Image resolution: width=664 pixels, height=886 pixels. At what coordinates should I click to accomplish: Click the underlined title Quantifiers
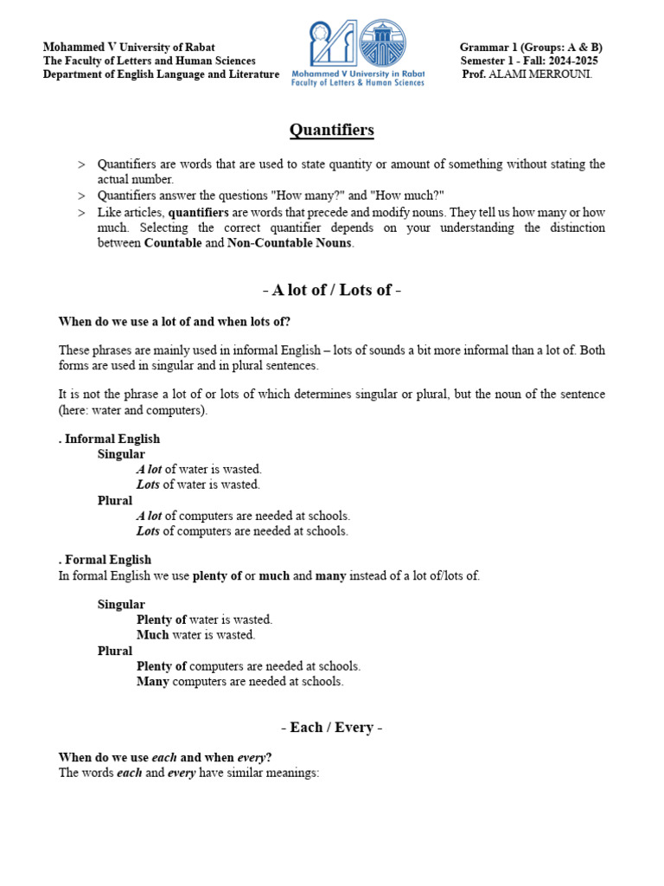click(x=331, y=131)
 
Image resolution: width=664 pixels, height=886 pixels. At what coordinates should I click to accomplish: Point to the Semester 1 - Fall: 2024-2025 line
click(x=529, y=61)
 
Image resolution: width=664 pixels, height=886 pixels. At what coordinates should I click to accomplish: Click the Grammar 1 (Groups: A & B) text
click(x=531, y=47)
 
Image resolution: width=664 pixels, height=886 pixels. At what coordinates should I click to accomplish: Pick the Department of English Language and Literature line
click(x=161, y=74)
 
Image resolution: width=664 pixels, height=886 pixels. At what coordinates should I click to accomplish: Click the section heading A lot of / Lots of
click(x=331, y=290)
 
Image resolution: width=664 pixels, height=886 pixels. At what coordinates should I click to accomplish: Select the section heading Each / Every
click(x=331, y=728)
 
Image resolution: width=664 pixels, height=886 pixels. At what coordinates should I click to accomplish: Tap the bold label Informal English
click(x=111, y=439)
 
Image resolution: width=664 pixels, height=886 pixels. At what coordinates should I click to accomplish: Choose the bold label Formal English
click(x=106, y=560)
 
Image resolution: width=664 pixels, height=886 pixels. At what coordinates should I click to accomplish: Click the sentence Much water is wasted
click(x=195, y=635)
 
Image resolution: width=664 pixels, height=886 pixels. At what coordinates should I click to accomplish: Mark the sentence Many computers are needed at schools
click(x=239, y=682)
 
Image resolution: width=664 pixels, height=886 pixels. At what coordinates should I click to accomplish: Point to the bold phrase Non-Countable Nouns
click(x=289, y=243)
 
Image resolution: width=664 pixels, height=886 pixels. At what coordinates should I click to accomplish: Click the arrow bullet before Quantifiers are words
click(x=81, y=164)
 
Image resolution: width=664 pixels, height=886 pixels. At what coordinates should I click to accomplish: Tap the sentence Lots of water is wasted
click(x=198, y=485)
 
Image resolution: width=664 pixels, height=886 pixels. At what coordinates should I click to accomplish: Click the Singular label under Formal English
click(x=121, y=605)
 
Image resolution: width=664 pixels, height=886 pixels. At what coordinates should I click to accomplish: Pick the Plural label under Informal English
click(x=115, y=500)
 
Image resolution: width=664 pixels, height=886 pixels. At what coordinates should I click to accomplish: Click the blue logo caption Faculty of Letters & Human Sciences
click(x=358, y=82)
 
